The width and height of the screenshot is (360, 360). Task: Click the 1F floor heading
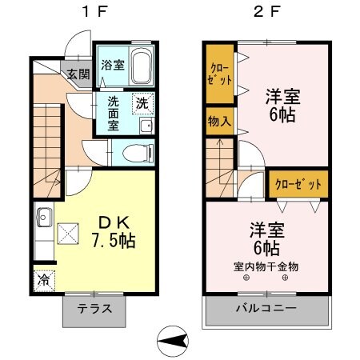pyautogui.click(x=89, y=13)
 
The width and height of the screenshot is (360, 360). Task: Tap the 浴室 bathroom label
pyautogui.click(x=111, y=65)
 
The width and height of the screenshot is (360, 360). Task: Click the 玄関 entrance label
pyautogui.click(x=78, y=76)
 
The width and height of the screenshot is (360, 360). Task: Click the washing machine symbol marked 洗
pyautogui.click(x=142, y=102)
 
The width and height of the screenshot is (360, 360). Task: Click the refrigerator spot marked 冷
pyautogui.click(x=43, y=282)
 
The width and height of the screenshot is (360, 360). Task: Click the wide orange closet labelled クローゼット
pyautogui.click(x=298, y=184)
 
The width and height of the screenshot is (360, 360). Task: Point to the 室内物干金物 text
pyautogui.click(x=266, y=266)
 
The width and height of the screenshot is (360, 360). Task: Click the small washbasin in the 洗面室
pyautogui.click(x=146, y=126)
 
